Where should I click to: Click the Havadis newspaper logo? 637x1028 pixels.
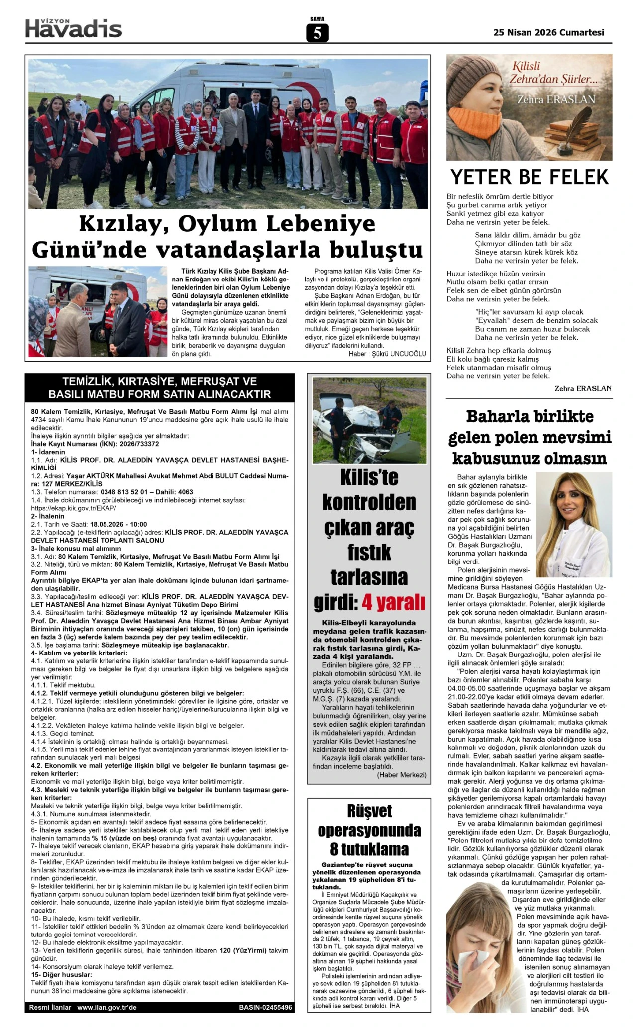pyautogui.click(x=74, y=28)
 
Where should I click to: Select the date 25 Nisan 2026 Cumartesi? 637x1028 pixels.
pyautogui.click(x=548, y=32)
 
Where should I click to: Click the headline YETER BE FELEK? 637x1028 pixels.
pyautogui.click(x=530, y=177)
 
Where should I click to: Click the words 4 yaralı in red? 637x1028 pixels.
pyautogui.click(x=394, y=602)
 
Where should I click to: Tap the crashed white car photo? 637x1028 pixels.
pyautogui.click(x=369, y=420)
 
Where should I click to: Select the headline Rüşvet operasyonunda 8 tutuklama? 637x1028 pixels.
pyautogui.click(x=369, y=830)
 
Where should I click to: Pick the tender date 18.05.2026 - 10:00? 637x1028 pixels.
pyautogui.click(x=118, y=524)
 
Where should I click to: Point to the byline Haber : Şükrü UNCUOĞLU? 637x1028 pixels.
pyautogui.click(x=387, y=354)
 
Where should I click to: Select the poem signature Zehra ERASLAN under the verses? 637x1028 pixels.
pyautogui.click(x=583, y=389)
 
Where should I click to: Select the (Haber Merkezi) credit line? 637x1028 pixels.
pyautogui.click(x=401, y=775)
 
